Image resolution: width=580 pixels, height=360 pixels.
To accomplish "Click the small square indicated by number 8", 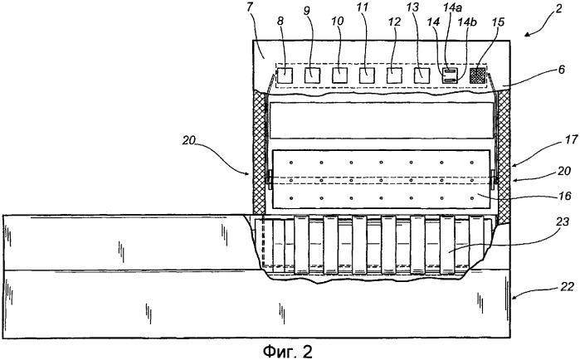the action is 285,75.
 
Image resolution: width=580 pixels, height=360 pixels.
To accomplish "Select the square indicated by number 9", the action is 313,75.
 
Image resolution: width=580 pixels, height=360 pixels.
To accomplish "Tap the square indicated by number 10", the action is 340,75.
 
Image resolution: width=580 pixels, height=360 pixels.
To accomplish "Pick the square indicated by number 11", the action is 367,75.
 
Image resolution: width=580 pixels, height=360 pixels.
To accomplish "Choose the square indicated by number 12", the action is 394,75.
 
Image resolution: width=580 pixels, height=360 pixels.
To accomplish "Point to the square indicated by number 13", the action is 422,75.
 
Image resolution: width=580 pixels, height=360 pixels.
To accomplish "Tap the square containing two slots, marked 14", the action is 451,75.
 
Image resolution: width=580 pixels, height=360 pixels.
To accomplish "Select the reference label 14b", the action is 467,22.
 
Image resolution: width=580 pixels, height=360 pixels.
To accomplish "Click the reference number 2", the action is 558,8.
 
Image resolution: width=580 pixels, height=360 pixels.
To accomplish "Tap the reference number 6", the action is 562,70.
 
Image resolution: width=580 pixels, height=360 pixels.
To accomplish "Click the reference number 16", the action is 566,196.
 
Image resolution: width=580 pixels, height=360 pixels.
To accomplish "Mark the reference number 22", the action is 567,286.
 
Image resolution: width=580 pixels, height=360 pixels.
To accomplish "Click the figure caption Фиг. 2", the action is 288,351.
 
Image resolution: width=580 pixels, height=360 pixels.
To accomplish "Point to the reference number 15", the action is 498,22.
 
